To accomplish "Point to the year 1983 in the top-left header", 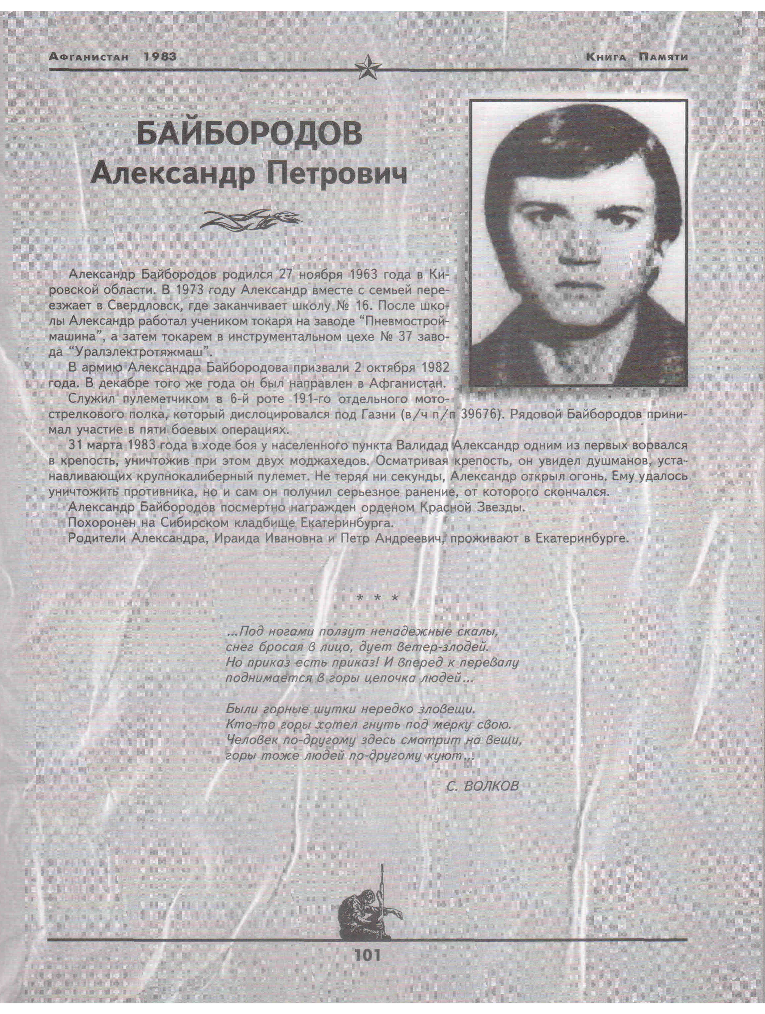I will click(x=160, y=57).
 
